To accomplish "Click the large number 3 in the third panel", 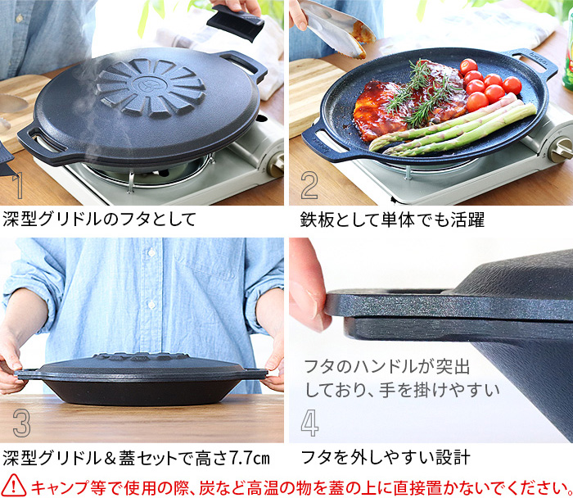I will coord(21,422).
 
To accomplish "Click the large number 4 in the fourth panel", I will coord(309,422).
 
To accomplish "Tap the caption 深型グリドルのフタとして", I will coord(100,220).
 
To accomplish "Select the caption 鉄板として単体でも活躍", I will coord(392,220).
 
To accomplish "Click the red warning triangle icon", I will coord(15,485).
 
